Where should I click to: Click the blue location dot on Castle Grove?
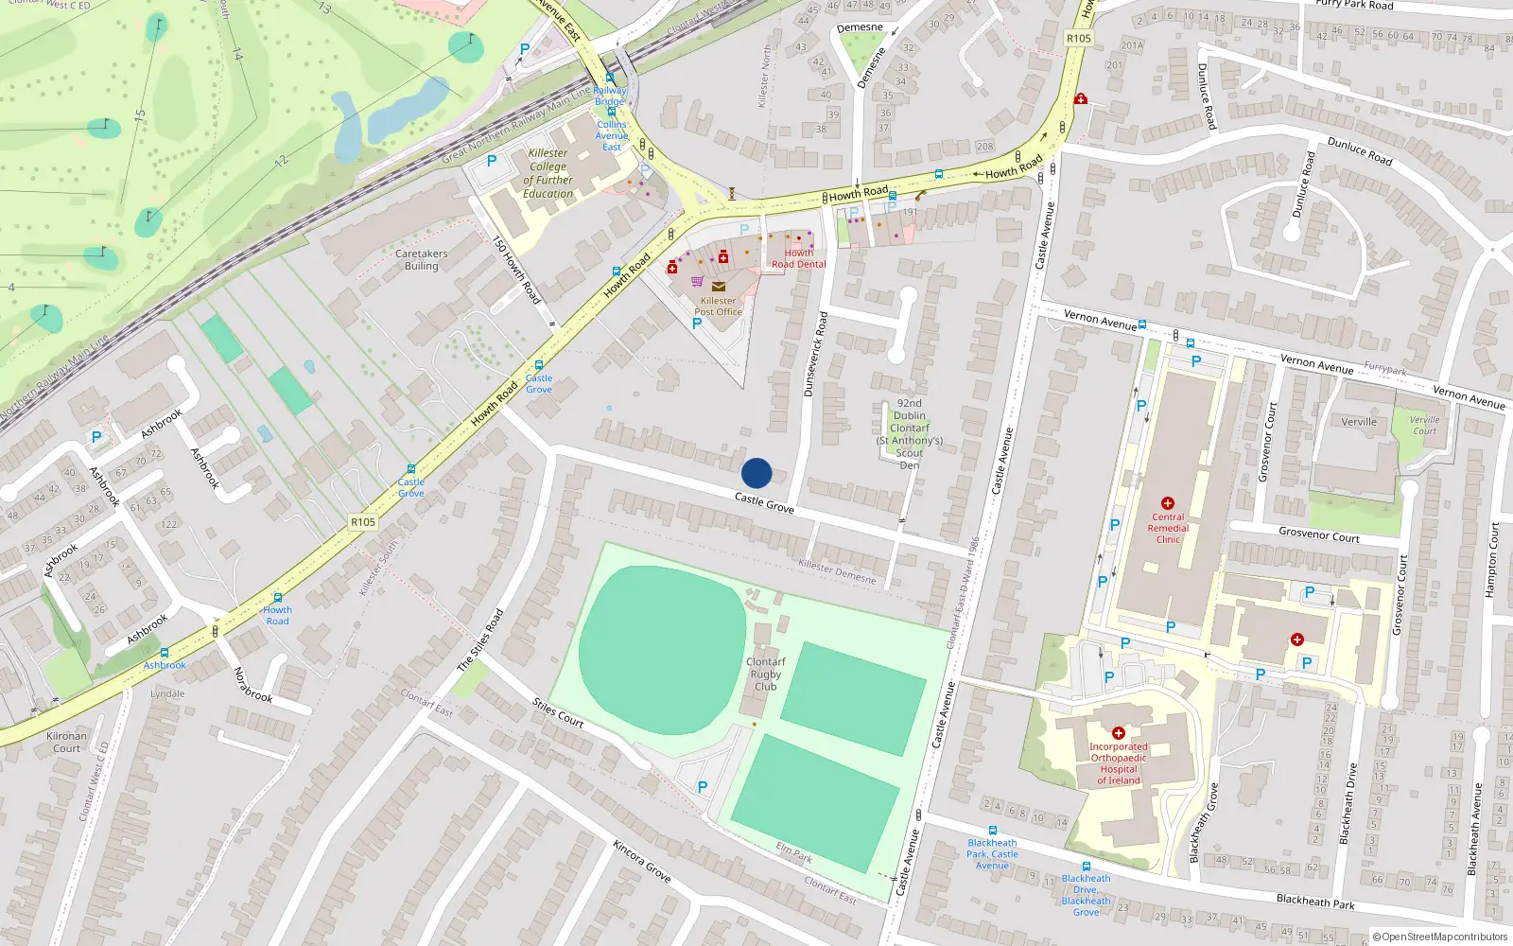tap(756, 473)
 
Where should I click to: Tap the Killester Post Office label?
tap(719, 306)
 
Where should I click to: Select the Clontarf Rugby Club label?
tap(766, 674)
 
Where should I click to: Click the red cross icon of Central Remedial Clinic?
tap(1168, 503)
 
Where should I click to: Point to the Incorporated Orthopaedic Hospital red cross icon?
tap(1119, 733)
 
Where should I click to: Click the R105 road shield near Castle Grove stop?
tap(363, 522)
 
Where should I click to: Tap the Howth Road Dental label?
tap(798, 258)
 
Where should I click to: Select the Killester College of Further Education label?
tap(548, 173)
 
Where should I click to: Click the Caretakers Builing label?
tap(422, 260)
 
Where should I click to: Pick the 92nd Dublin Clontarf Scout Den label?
tap(910, 434)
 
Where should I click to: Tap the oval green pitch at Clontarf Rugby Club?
tap(662, 650)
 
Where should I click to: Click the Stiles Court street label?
tap(558, 712)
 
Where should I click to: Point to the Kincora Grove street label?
tap(641, 861)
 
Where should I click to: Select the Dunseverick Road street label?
tap(815, 354)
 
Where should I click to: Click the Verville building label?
tap(1359, 422)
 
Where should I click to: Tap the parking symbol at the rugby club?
tap(703, 787)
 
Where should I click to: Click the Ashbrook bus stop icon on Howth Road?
tap(165, 653)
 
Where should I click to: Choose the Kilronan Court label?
tap(66, 742)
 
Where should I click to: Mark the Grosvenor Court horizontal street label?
tap(1318, 534)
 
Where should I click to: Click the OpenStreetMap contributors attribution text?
tap(1440, 937)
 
